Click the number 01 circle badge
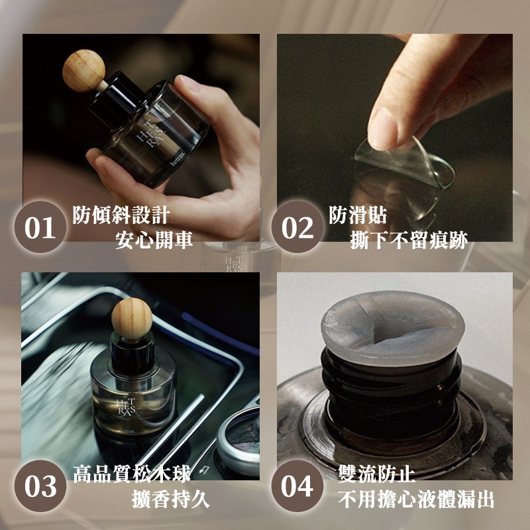[40, 227]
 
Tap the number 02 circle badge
[297, 227]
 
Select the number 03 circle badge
[40, 486]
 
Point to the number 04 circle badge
[297, 486]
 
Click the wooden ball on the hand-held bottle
[83, 71]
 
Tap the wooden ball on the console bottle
[132, 319]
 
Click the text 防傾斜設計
[121, 215]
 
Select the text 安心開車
[154, 240]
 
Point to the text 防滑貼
[358, 215]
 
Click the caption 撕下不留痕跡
[409, 240]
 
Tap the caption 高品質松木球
[132, 473]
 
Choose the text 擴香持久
[171, 499]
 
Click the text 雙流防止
[376, 473]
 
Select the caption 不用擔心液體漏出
[416, 499]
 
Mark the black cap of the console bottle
[132, 355]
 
